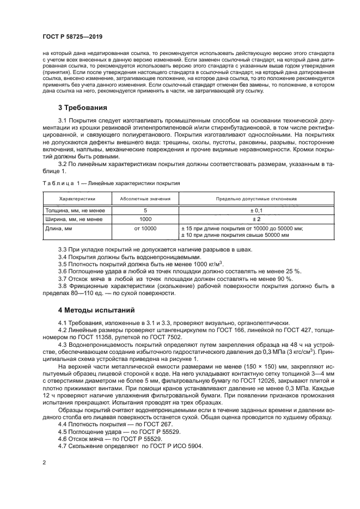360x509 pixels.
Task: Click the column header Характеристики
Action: pos(77,199)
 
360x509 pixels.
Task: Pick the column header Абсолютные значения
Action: pos(145,199)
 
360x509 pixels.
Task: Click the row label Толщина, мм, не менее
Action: pos(72,210)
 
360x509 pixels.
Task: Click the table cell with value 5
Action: pos(145,210)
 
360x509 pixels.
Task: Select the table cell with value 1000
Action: pos(145,219)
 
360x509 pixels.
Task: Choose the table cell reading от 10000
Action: pos(145,228)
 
